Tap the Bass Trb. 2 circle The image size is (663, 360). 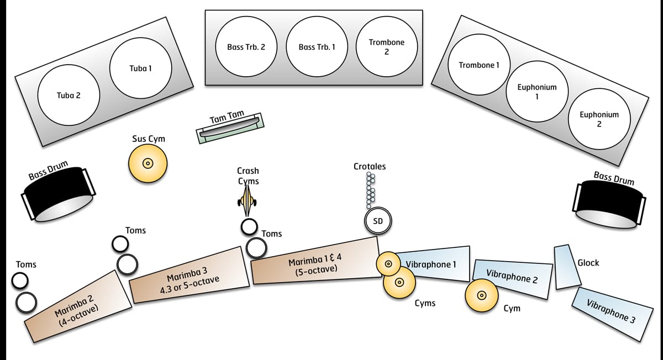tap(246, 47)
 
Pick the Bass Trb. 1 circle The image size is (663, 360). tap(317, 47)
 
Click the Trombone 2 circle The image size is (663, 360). tap(387, 47)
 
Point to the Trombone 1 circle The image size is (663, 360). tap(479, 65)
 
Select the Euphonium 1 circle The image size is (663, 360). tap(537, 92)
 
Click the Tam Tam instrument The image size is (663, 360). tap(230, 129)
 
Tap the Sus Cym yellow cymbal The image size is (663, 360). tap(148, 163)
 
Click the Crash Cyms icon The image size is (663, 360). tap(248, 202)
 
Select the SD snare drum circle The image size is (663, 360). tap(378, 221)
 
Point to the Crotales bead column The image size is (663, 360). tap(370, 190)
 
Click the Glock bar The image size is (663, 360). tap(567, 267)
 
